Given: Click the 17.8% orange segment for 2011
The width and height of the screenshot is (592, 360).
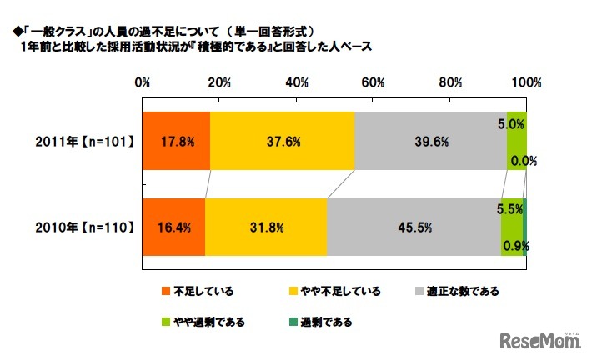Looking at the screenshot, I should pos(176,141).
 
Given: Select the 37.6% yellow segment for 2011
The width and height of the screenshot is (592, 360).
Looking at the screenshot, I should pos(282,141).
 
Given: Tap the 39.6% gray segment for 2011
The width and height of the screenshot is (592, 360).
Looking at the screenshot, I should pos(430,141).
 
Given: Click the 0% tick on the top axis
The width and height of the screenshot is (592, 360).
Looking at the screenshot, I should pos(143,82).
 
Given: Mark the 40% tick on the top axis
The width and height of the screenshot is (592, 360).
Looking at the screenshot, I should pos(296,82).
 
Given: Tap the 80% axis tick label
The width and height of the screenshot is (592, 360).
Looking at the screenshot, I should pos(449,82).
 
